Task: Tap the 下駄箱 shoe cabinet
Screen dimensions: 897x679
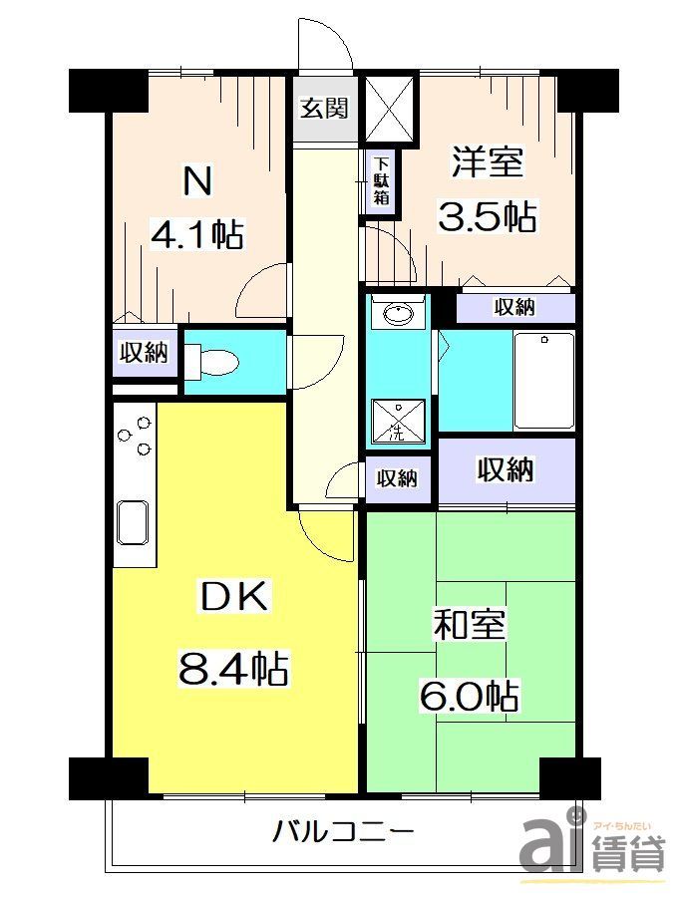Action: coord(382,182)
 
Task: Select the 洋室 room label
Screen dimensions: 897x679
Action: coord(487,163)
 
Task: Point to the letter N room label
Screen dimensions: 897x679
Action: coord(195,181)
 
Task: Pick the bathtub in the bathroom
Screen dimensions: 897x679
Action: coord(543,380)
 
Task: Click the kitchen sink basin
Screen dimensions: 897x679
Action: coord(134,520)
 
